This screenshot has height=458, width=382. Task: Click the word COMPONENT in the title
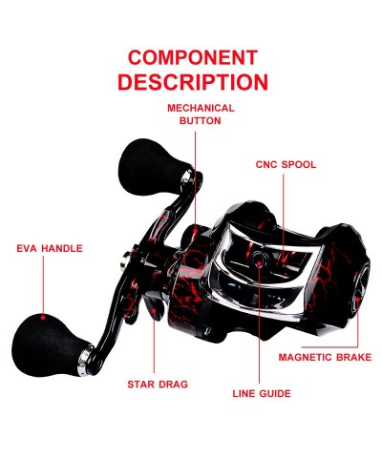[x=193, y=57]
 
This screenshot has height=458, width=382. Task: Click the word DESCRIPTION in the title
[x=193, y=82]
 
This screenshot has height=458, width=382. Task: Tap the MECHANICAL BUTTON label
[x=201, y=114]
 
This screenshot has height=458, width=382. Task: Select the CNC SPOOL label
[x=286, y=164]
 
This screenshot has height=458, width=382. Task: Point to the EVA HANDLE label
[x=50, y=248]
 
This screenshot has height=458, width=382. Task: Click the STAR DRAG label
[x=158, y=385]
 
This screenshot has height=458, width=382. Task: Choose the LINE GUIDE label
[x=262, y=393]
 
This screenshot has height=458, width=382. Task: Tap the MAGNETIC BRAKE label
[x=325, y=357]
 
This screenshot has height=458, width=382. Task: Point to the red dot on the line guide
[x=259, y=263]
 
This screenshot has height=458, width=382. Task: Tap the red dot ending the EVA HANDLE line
[x=43, y=317]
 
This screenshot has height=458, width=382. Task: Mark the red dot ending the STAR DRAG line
[x=154, y=310]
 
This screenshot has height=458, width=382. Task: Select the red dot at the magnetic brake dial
[x=357, y=300]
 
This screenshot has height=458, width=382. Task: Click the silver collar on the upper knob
[x=187, y=180]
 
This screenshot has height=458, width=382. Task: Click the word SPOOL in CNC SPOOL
[x=299, y=164]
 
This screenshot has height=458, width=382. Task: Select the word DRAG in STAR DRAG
[x=174, y=385]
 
